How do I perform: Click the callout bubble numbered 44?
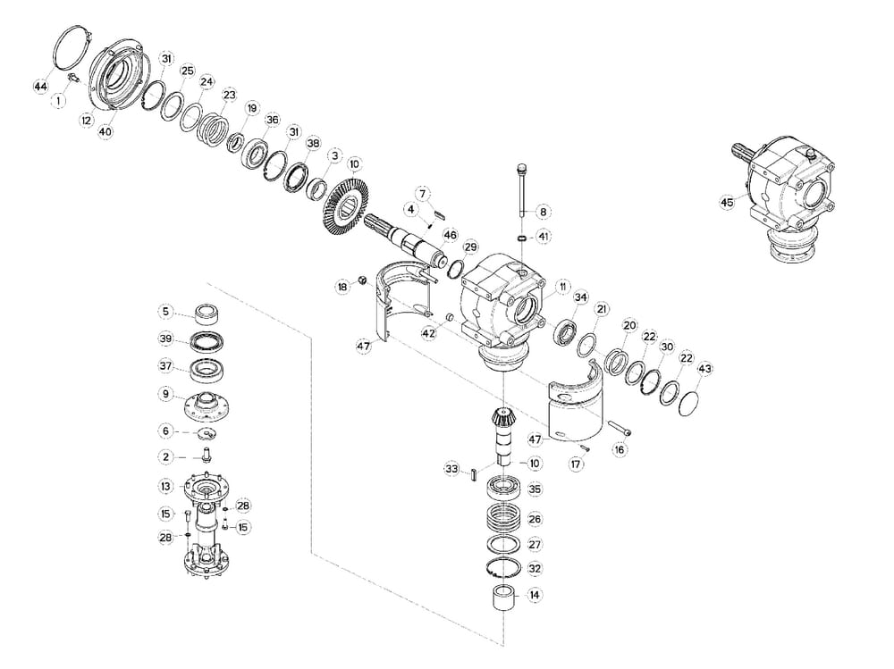pyautogui.click(x=40, y=86)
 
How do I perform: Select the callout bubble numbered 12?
pyautogui.click(x=87, y=120)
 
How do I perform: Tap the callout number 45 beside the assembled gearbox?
pyautogui.click(x=726, y=203)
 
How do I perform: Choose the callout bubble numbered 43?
pyautogui.click(x=704, y=369)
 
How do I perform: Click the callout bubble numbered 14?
pyautogui.click(x=535, y=594)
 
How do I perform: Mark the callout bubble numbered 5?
pyautogui.click(x=165, y=312)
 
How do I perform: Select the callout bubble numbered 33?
pyautogui.click(x=451, y=469)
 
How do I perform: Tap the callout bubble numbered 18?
pyautogui.click(x=342, y=287)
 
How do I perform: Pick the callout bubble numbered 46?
pyautogui.click(x=450, y=235)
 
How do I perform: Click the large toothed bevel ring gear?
pyautogui.click(x=344, y=208)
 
